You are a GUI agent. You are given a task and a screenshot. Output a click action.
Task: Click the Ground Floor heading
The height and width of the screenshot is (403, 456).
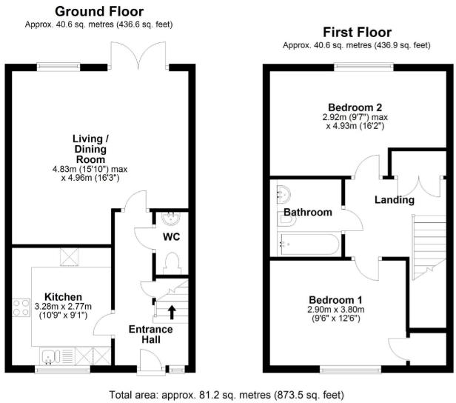pyautogui.click(x=99, y=11)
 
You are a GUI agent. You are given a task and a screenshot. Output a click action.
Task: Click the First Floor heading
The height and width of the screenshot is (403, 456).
pyautogui.click(x=356, y=32)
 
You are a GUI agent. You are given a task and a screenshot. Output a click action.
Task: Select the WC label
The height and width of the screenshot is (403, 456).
pyautogui.click(x=171, y=238)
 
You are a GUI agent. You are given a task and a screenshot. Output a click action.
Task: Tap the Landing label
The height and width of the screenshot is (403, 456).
pyautogui.click(x=394, y=200)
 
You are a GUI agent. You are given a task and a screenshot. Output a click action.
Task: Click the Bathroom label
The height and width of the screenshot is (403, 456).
pyautogui.click(x=308, y=213)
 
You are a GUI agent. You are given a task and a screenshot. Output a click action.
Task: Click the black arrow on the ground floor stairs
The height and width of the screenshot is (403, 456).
pyautogui.click(x=172, y=311)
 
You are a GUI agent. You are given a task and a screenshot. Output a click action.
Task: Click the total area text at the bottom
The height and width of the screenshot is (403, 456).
pyautogui.click(x=226, y=394)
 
